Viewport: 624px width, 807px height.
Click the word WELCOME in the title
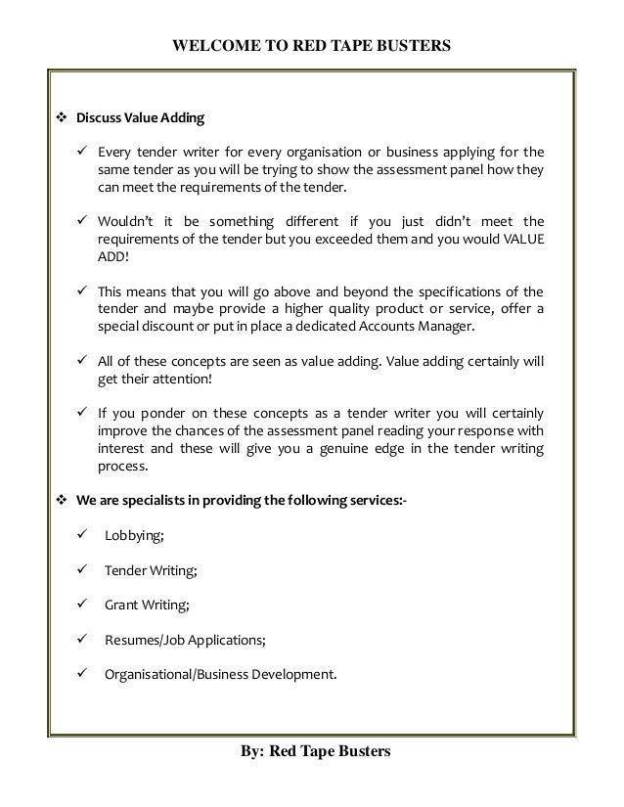[x=208, y=45]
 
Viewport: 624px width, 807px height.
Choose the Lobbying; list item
[x=136, y=537]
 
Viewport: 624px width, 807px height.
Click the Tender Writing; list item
[x=151, y=570]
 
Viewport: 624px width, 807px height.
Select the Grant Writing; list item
[x=147, y=605]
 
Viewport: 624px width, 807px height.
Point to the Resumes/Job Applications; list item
[x=184, y=640]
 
